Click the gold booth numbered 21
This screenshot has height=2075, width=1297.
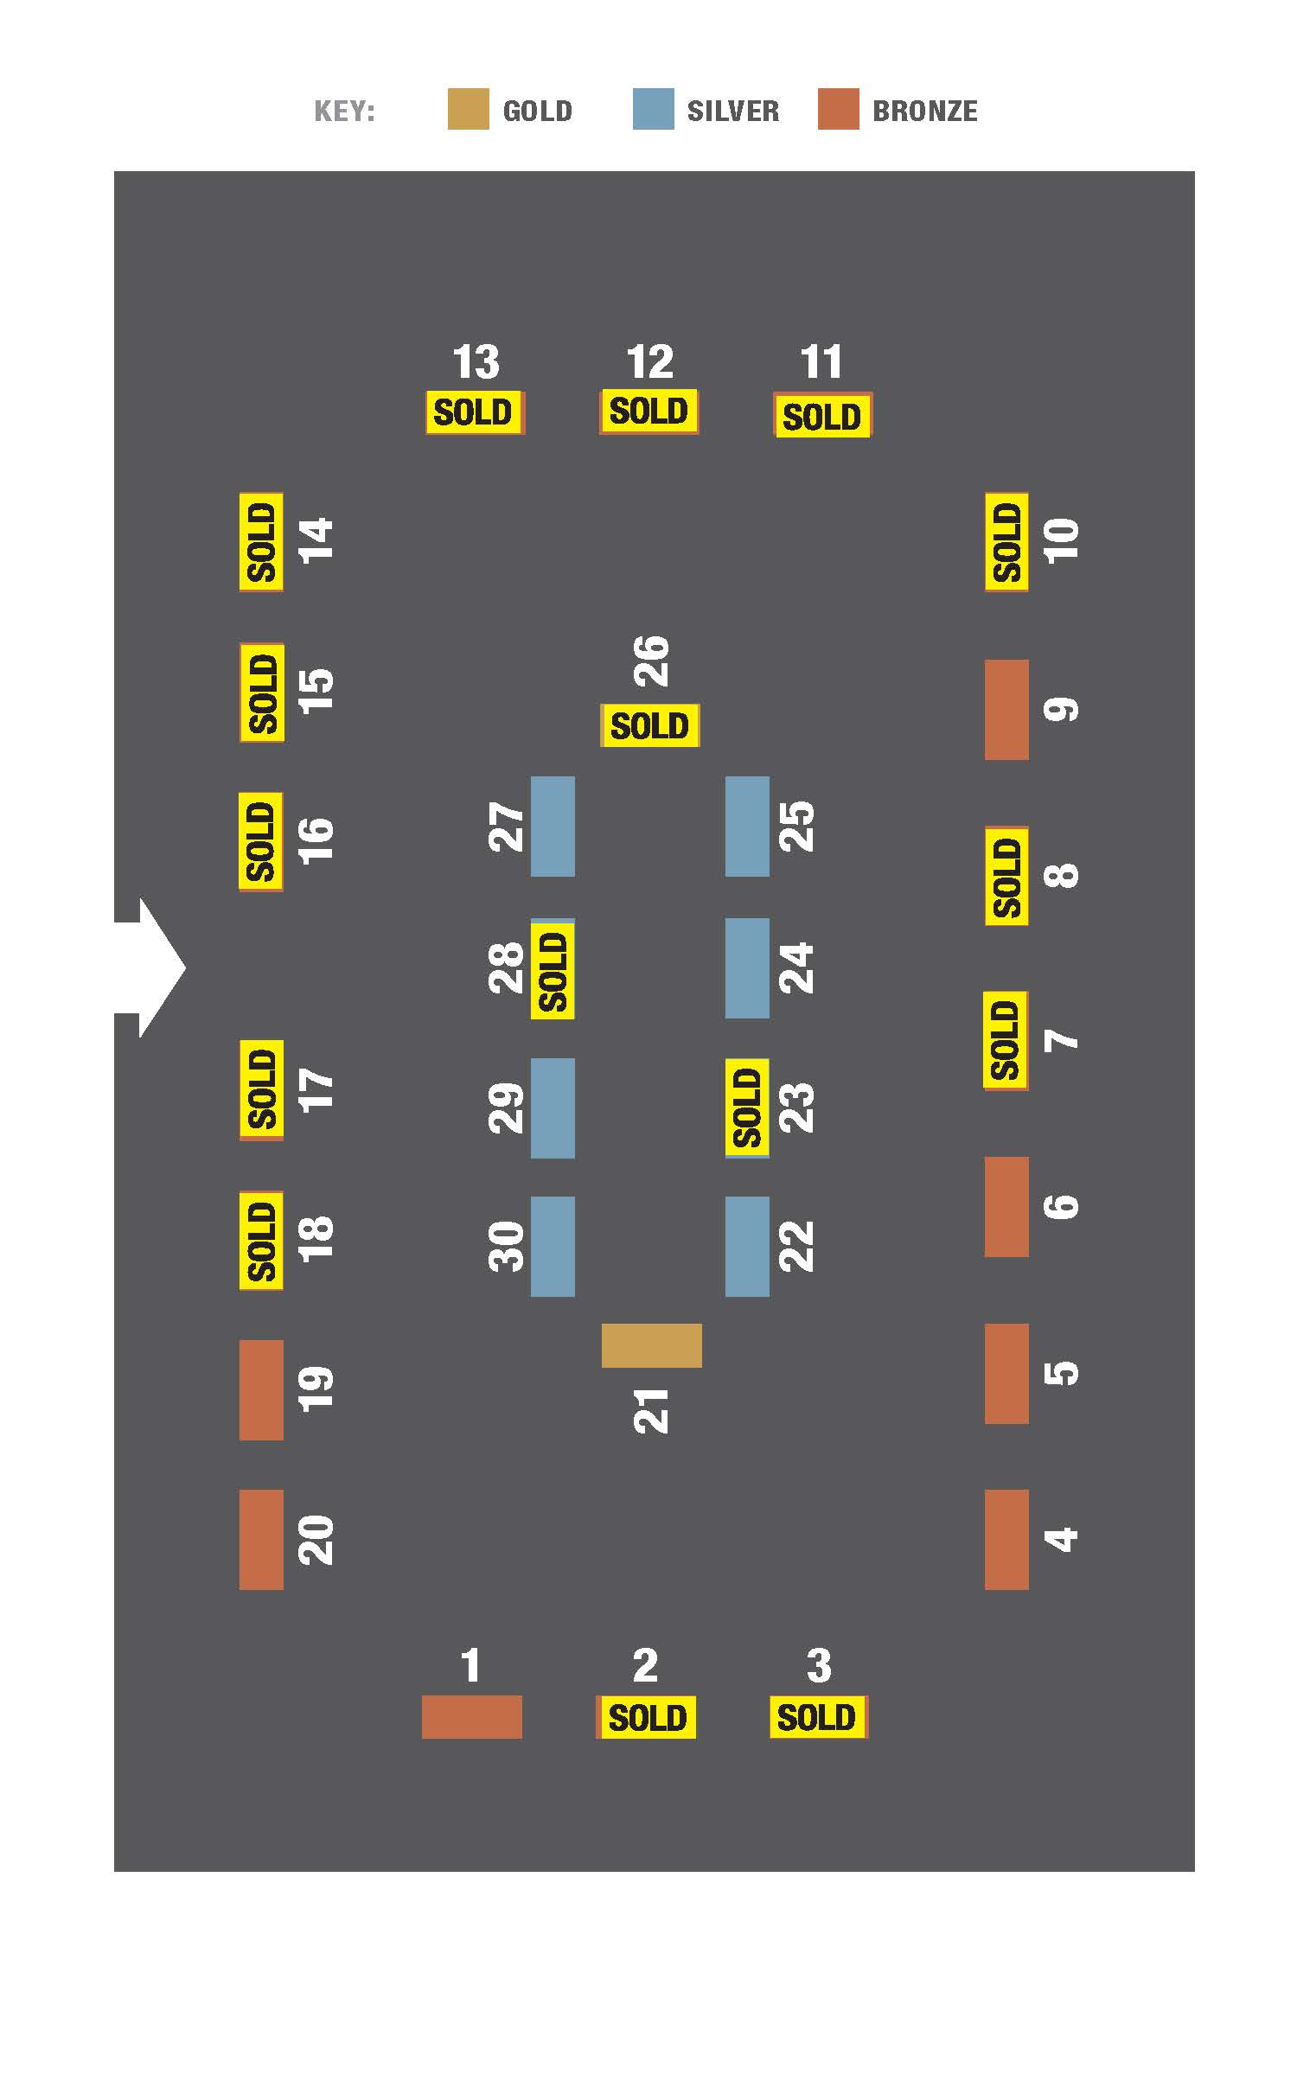(x=651, y=1345)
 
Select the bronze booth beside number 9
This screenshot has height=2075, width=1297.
(x=1006, y=710)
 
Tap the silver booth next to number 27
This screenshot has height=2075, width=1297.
(x=553, y=827)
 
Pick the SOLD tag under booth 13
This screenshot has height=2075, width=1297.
(x=475, y=412)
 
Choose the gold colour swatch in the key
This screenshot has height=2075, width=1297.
(x=468, y=109)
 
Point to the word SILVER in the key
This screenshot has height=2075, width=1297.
(x=733, y=111)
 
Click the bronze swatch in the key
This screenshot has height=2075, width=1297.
(x=839, y=109)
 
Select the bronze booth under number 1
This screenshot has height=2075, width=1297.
(x=472, y=1717)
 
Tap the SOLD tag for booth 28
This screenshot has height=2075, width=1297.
(x=553, y=970)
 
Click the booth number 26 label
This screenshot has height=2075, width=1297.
(x=651, y=661)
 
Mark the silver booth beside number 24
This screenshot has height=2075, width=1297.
(x=747, y=968)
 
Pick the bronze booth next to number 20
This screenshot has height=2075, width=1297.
(x=261, y=1540)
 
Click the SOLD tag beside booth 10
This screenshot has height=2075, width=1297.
(x=1006, y=543)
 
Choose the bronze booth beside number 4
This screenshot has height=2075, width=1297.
(x=1006, y=1540)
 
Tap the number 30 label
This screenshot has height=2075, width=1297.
(x=507, y=1246)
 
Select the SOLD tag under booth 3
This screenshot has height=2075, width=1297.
(x=818, y=1717)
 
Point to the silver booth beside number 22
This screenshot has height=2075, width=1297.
(x=747, y=1247)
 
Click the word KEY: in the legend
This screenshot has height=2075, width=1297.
(x=344, y=112)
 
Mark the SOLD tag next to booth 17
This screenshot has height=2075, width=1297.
(x=261, y=1090)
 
